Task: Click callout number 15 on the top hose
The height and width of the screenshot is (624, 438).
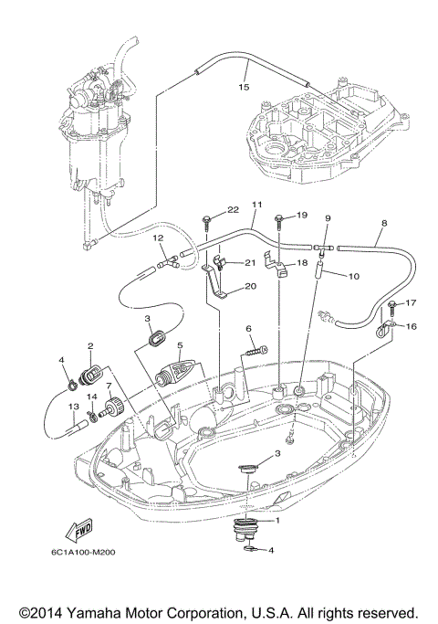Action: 243,88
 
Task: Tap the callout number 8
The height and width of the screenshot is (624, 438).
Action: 383,222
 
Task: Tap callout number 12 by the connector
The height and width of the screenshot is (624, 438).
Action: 159,238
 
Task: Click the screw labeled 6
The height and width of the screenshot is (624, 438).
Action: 255,349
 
